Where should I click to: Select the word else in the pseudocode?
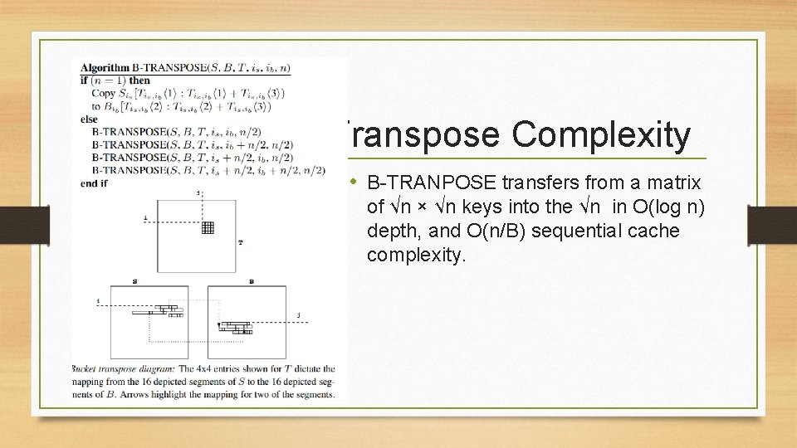pyautogui.click(x=90, y=119)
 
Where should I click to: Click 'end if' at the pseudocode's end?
pyautogui.click(x=95, y=183)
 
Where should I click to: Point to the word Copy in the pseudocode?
pyautogui.click(x=105, y=93)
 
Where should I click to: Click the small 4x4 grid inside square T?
pyautogui.click(x=208, y=227)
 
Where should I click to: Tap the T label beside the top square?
pyautogui.click(x=240, y=243)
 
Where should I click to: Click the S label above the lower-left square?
pyautogui.click(x=135, y=282)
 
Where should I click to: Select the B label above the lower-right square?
pyautogui.click(x=252, y=282)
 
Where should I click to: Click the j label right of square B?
pyautogui.click(x=299, y=315)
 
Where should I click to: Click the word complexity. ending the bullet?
pyautogui.click(x=417, y=255)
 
